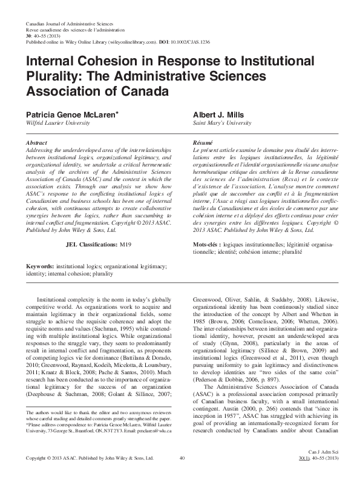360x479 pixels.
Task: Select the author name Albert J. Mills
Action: tap(218, 114)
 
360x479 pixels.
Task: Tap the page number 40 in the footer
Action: tap(182, 458)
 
